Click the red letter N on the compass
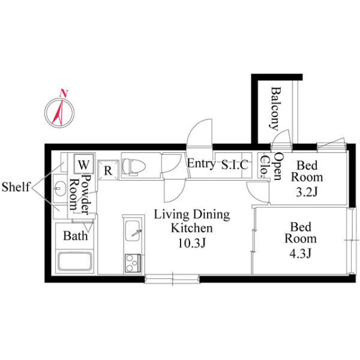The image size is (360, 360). pyautogui.click(x=64, y=93)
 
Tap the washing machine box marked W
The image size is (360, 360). pyautogui.click(x=84, y=163)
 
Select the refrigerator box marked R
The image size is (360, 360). pyautogui.click(x=108, y=170)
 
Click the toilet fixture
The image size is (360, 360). pyautogui.click(x=134, y=166)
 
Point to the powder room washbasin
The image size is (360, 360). pyautogui.click(x=59, y=188)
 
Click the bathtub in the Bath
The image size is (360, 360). pyautogui.click(x=74, y=261)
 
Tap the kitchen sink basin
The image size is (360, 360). pyautogui.click(x=133, y=230)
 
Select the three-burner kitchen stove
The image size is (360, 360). pyautogui.click(x=133, y=263)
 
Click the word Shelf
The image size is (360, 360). pyautogui.click(x=16, y=187)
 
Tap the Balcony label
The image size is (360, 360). pyautogui.click(x=275, y=109)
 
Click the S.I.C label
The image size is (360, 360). pyautogui.click(x=235, y=164)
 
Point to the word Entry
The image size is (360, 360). pyautogui.click(x=201, y=164)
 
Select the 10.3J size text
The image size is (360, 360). pyautogui.click(x=191, y=244)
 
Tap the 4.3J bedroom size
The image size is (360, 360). pyautogui.click(x=301, y=253)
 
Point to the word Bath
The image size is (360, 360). pyautogui.click(x=76, y=236)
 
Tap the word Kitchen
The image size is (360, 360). pyautogui.click(x=192, y=228)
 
